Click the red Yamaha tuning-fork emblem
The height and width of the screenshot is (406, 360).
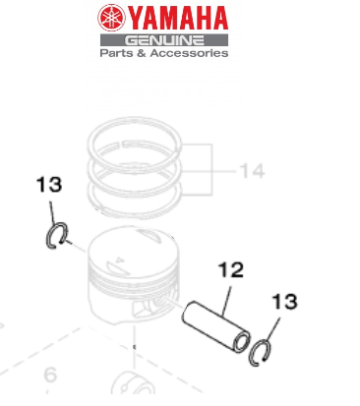coord(113,17)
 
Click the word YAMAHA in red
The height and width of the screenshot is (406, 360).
coord(178,17)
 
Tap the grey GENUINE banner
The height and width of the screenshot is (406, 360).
coord(163,39)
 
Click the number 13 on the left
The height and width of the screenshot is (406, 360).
coord(49,185)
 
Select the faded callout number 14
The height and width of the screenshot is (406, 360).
coord(251,171)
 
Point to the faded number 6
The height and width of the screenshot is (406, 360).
coord(50,375)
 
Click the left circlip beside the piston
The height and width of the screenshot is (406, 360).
coord(58,235)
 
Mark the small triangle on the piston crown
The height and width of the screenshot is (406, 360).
coord(119,263)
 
